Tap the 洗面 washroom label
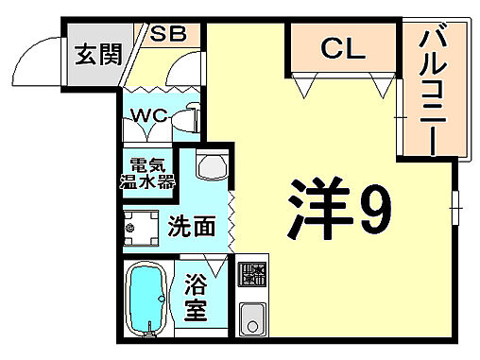tap(193, 226)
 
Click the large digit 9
tap(372, 210)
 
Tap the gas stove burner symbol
tap(252, 274)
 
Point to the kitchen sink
tap(252, 317)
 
